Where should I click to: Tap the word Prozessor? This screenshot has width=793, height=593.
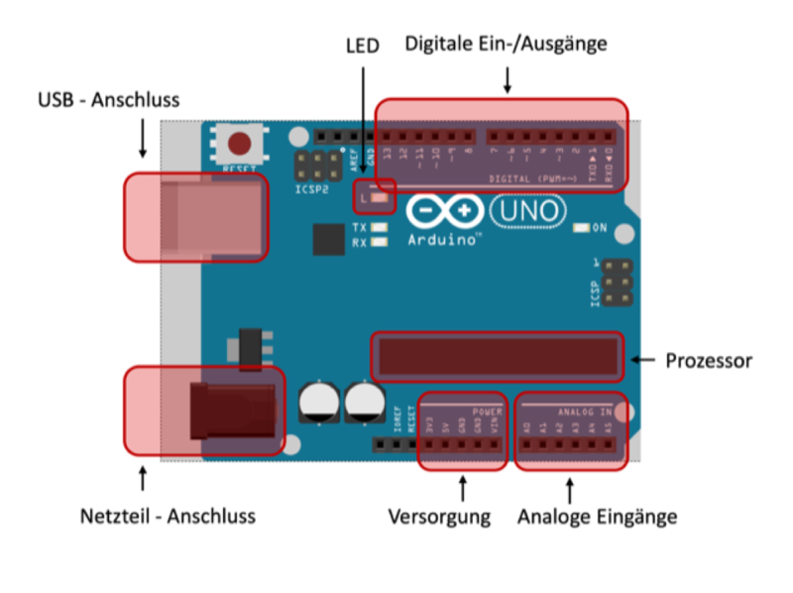pos(708,361)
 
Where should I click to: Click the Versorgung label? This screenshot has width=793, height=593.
pos(439,517)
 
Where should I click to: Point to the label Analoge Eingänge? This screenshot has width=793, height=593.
pos(597,517)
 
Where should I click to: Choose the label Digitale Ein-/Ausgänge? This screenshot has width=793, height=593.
pos(506,44)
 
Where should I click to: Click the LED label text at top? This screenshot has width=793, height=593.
pos(363,46)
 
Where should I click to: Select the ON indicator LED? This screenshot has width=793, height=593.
pos(582,228)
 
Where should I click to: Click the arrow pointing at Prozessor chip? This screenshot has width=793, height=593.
pos(644,360)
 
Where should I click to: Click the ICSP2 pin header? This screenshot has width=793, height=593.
pos(310,165)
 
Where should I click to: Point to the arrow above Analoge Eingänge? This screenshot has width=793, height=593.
pos(570,490)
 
